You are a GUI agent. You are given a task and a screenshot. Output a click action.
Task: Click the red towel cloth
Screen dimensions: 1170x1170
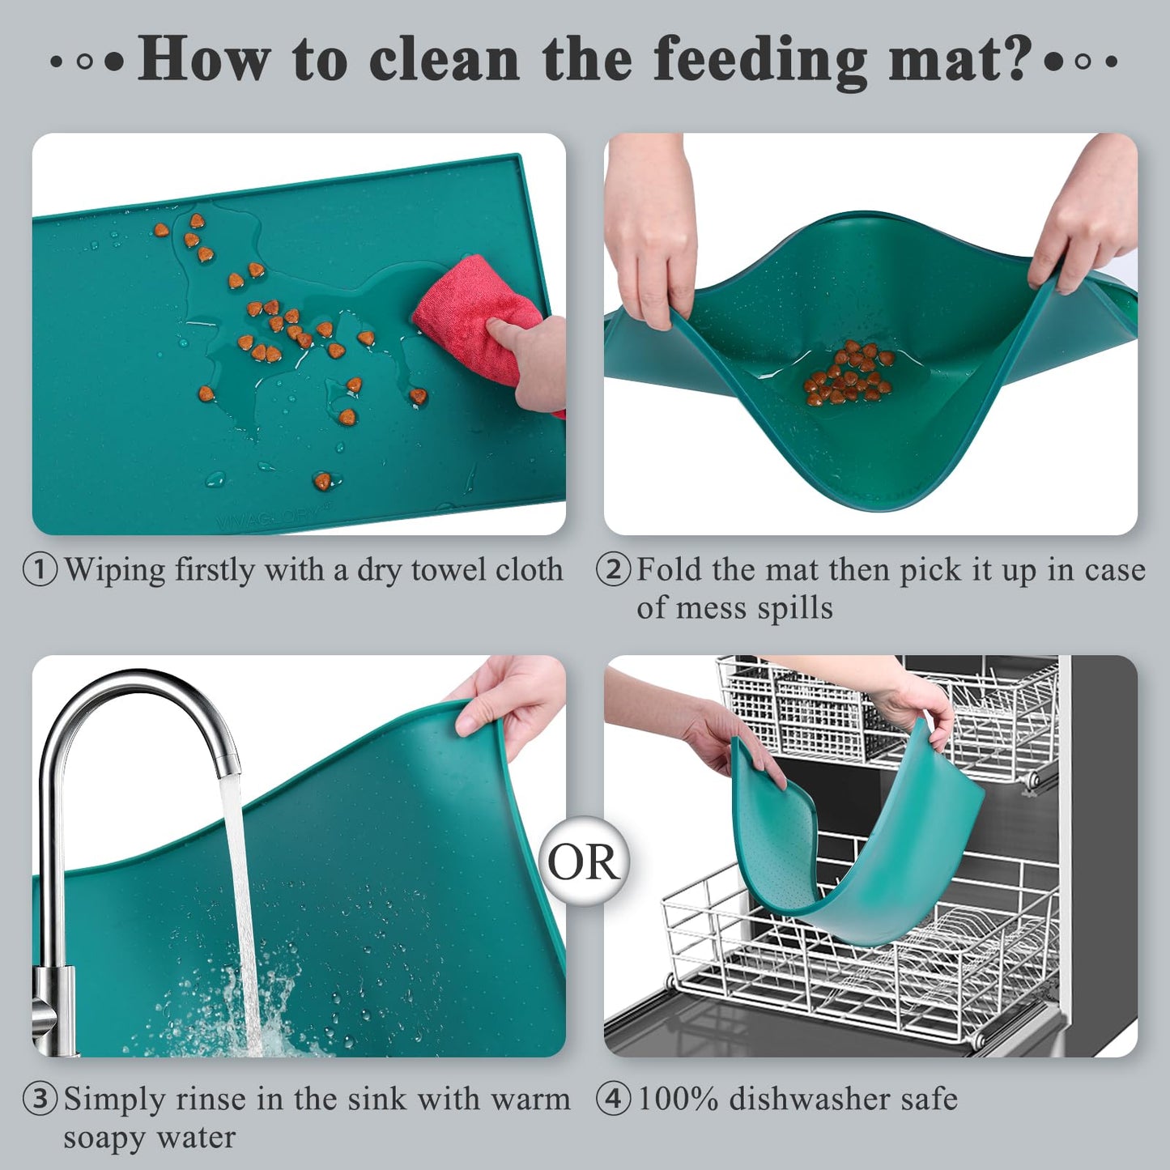(474, 317)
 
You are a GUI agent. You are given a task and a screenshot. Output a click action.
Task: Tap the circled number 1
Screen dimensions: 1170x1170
(40, 569)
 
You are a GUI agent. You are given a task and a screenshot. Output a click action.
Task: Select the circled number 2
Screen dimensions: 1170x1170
(613, 569)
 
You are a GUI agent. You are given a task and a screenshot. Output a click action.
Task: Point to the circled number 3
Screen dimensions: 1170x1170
(40, 1100)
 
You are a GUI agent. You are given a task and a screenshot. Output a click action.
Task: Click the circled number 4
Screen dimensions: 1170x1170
(613, 1100)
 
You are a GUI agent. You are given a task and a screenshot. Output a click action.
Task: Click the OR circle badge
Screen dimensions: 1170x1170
(584, 862)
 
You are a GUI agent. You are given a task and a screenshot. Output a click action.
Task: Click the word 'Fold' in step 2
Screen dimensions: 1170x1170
(670, 569)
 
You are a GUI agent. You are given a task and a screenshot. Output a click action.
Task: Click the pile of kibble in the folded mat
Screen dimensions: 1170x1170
(849, 374)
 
